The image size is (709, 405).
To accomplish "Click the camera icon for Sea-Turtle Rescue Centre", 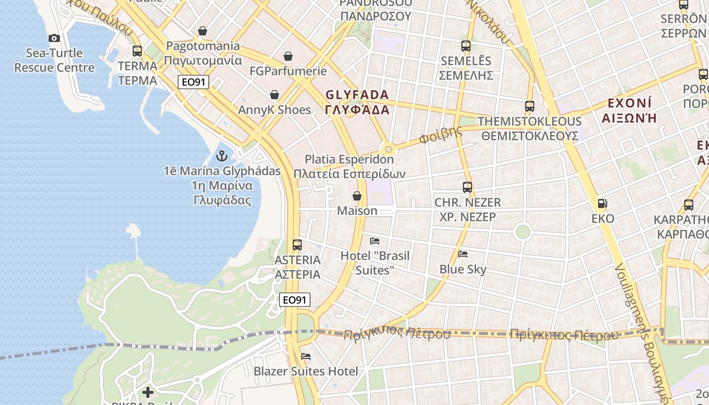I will [x=54, y=38].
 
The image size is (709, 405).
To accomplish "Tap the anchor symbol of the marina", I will [x=221, y=155].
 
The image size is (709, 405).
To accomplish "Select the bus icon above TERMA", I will [x=137, y=51].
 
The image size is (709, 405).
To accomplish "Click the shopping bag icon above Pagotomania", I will [x=203, y=31].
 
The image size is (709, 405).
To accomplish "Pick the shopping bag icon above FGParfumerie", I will [x=288, y=56].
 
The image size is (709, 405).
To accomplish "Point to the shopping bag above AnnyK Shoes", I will [x=274, y=95].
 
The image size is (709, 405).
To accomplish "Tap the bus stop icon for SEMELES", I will [x=466, y=46].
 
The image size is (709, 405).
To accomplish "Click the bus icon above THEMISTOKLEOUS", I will [x=530, y=106].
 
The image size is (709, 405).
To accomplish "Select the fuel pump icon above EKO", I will [x=602, y=204].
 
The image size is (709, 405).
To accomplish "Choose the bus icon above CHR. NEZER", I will [x=467, y=187].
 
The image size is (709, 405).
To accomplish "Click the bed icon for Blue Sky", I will [x=463, y=254].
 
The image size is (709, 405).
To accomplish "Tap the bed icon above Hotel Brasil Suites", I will [x=375, y=241].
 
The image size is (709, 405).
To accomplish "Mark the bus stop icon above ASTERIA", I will [x=297, y=245].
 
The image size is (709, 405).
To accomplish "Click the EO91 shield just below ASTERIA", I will [x=295, y=300].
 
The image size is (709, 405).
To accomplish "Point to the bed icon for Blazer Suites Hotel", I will [x=305, y=356].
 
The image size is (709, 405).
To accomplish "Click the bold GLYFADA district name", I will [x=357, y=95].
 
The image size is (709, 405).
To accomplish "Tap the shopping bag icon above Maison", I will [x=357, y=196].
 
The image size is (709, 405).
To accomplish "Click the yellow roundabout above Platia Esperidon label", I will [x=388, y=149].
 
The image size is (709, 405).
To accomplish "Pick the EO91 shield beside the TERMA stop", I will [x=193, y=82].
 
